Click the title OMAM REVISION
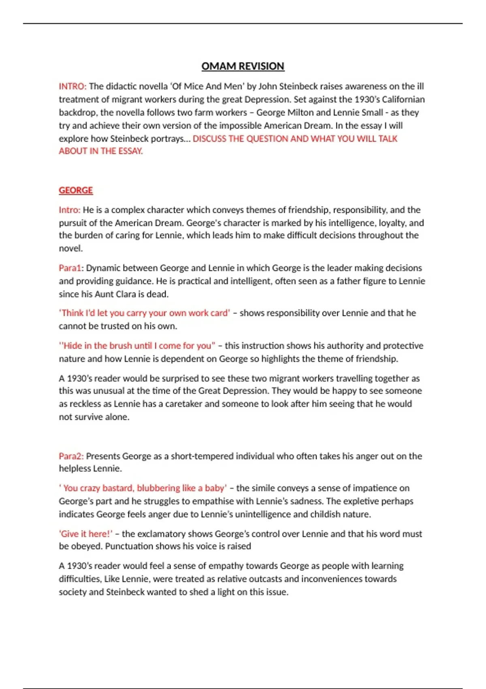(x=243, y=66)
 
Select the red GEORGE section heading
(x=76, y=190)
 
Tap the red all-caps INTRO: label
(x=72, y=86)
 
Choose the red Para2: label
(x=71, y=456)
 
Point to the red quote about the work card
(x=145, y=313)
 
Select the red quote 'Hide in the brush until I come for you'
(x=137, y=346)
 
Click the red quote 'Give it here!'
(x=86, y=534)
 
